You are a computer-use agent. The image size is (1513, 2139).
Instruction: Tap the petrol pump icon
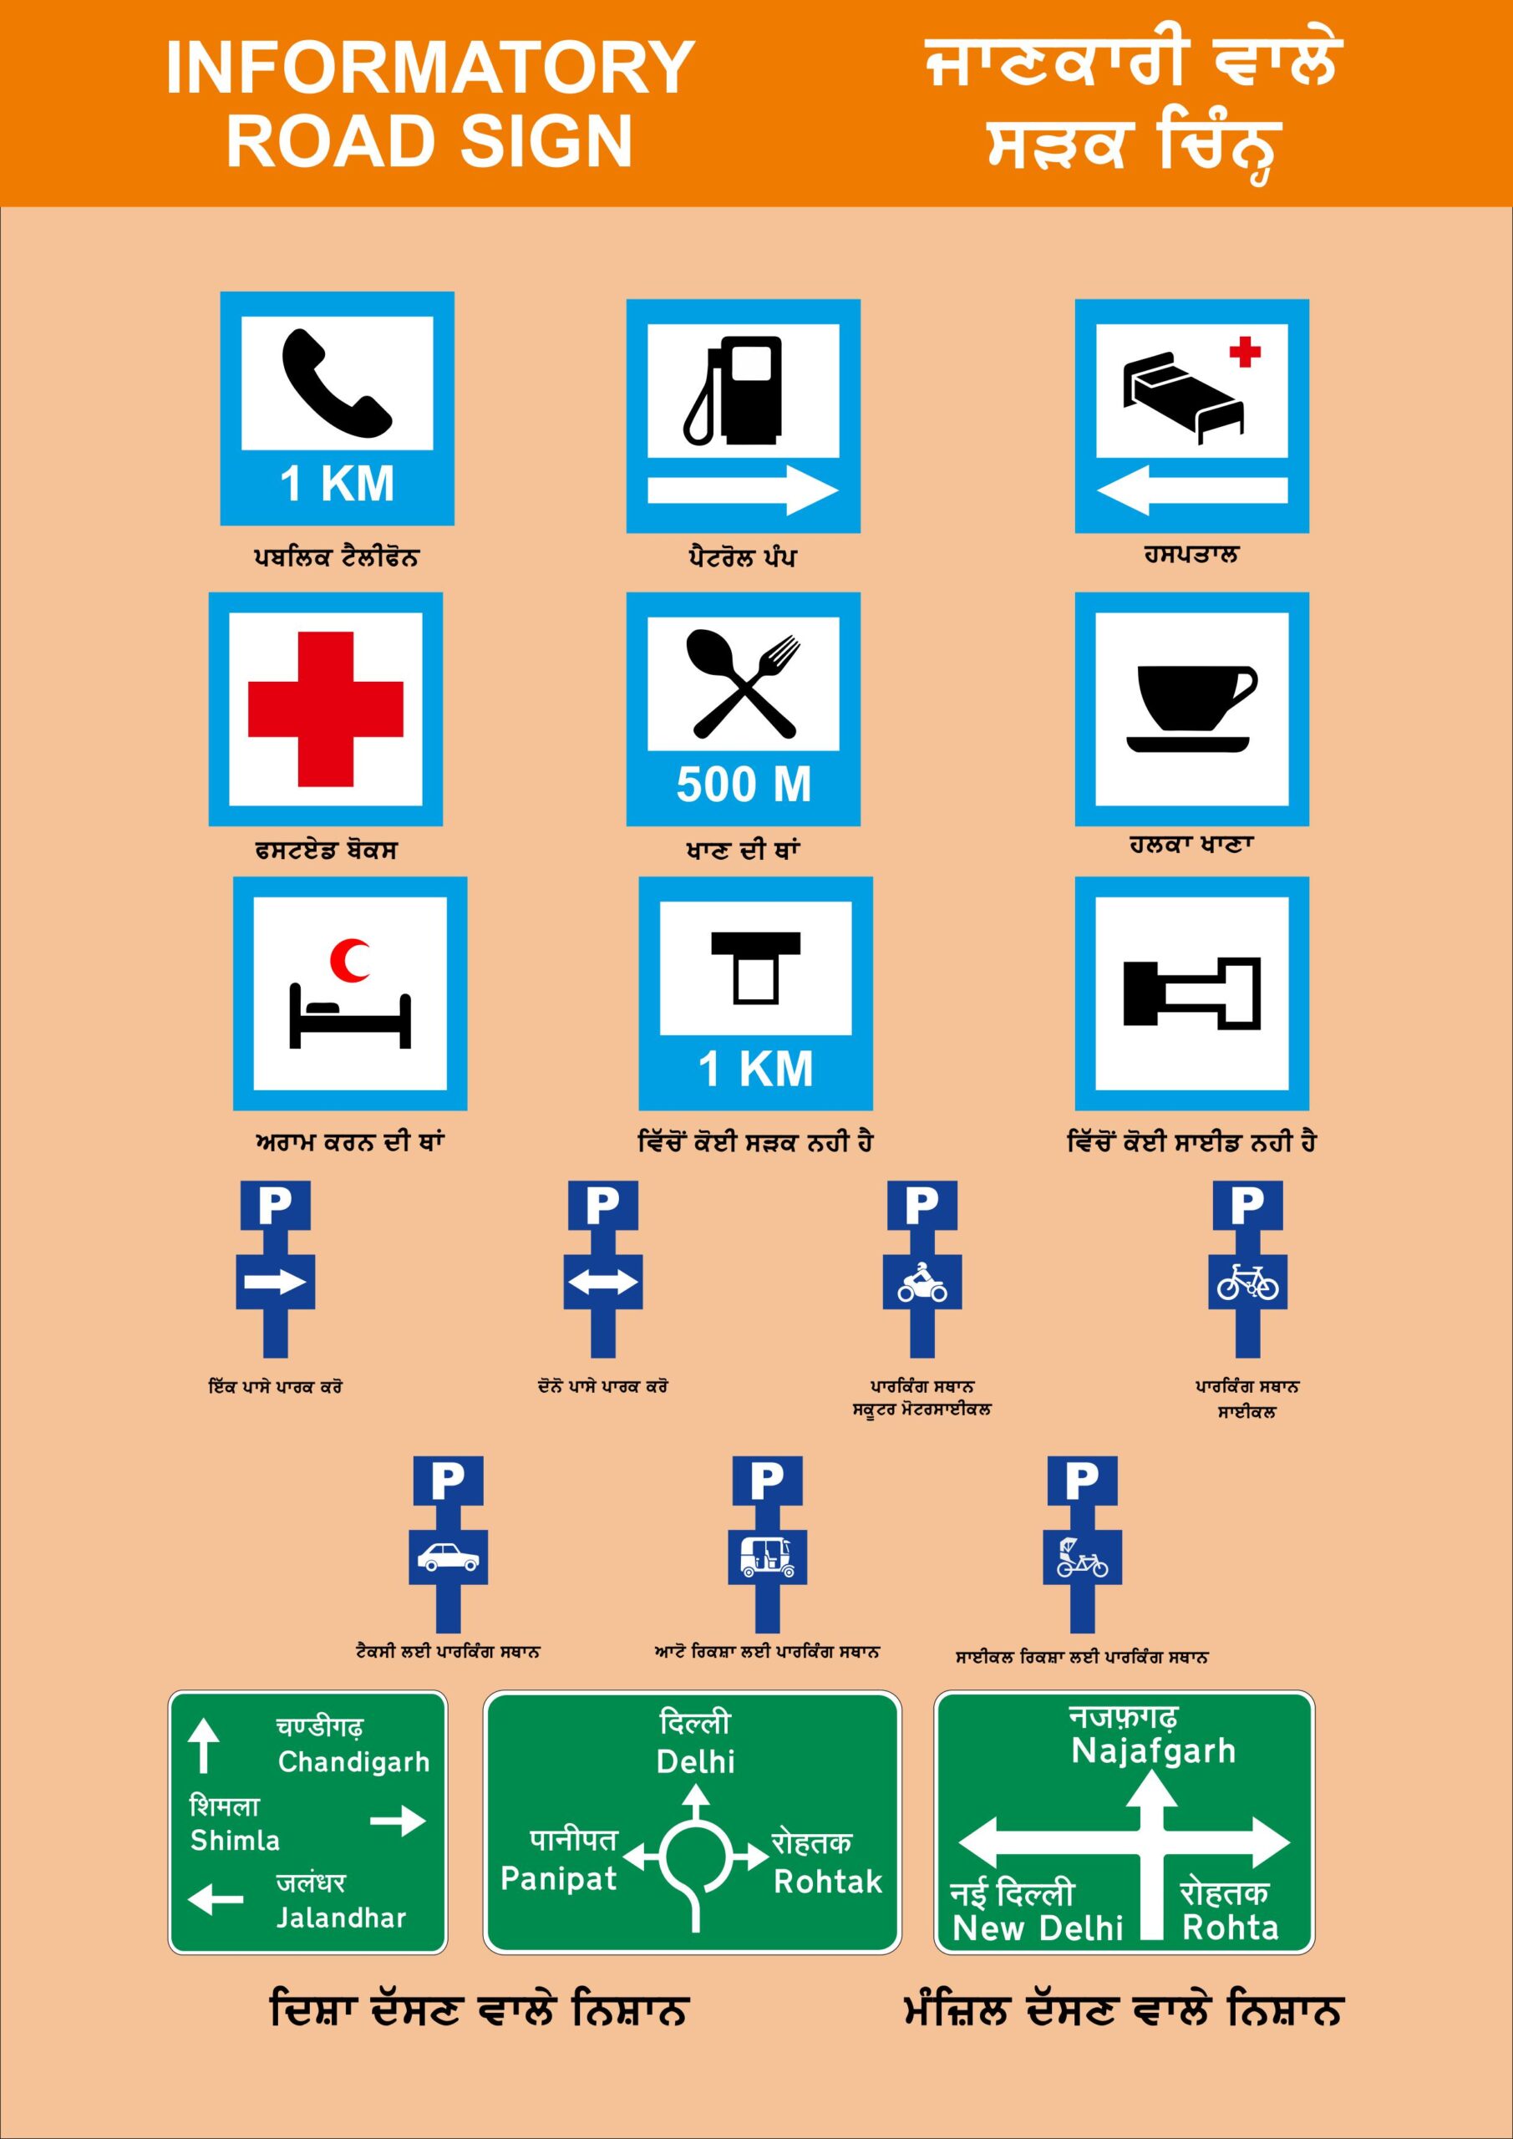735,391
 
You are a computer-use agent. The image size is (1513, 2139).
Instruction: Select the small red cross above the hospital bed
1245,352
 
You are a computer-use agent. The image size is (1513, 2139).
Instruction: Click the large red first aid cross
325,709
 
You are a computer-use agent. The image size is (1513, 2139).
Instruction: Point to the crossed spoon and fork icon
744,685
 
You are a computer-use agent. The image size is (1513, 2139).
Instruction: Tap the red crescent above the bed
349,961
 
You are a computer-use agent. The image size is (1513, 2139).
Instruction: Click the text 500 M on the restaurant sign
744,785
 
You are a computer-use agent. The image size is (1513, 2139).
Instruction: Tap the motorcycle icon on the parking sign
922,1283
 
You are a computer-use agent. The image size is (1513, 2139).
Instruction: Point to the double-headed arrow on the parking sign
603,1283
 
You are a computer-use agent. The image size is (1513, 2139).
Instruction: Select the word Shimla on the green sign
235,1840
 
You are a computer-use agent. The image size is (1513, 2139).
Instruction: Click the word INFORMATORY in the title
429,67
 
